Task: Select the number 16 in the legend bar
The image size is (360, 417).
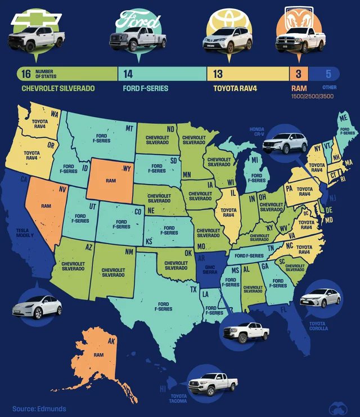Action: tap(26, 73)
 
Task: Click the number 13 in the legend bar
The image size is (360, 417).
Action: tap(218, 73)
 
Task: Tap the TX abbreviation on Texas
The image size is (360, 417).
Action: tap(193, 289)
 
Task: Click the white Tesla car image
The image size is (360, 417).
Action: tap(37, 306)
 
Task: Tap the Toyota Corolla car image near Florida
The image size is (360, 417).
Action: tap(321, 298)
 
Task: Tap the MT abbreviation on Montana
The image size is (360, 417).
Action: tap(129, 128)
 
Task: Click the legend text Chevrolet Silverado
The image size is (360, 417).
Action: tap(58, 88)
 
